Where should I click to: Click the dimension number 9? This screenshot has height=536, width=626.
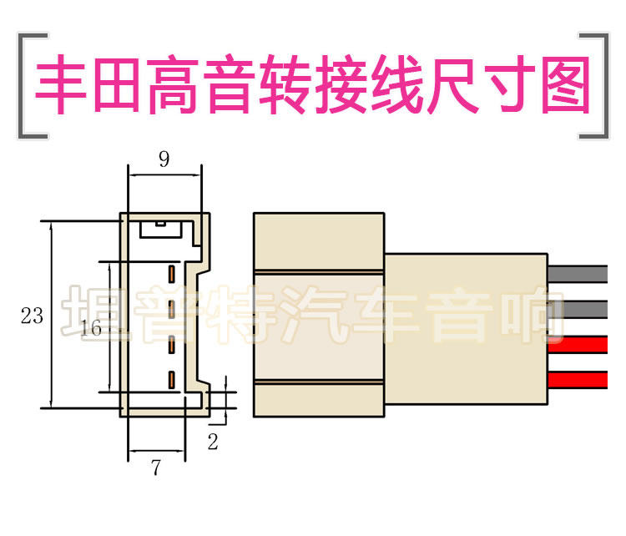(164, 159)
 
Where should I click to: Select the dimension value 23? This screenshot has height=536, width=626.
(32, 316)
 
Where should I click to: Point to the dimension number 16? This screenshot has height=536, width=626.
(93, 329)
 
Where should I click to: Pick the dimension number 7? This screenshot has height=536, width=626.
(156, 468)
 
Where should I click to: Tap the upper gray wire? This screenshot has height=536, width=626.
(577, 273)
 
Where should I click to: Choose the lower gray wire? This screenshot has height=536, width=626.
(577, 310)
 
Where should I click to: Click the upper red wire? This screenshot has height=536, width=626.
(577, 344)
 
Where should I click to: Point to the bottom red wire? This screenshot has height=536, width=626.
(577, 380)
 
